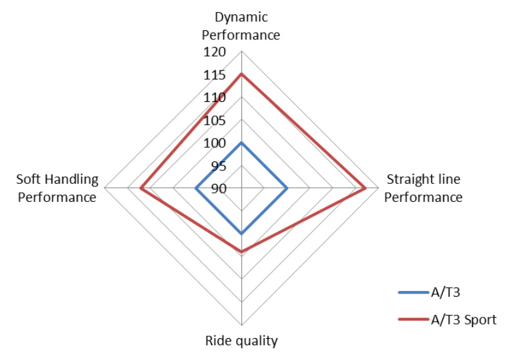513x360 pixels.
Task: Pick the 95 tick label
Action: coord(219,166)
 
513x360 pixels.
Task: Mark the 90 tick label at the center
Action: coord(219,188)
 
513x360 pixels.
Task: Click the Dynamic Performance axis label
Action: coord(241,26)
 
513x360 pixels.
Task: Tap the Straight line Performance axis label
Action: coord(423,188)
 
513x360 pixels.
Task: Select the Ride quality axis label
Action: coord(241,341)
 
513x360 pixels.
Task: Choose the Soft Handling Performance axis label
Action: coord(57,188)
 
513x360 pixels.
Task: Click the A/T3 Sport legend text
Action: coord(463,319)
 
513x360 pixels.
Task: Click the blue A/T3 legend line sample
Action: coord(414,292)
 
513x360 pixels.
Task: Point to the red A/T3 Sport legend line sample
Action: coord(414,319)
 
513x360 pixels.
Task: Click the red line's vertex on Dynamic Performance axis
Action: coord(241,74)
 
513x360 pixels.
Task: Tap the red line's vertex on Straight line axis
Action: coord(365,188)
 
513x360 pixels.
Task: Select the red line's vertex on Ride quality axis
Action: coord(241,252)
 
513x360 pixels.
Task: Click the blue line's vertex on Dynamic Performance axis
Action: coord(241,143)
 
